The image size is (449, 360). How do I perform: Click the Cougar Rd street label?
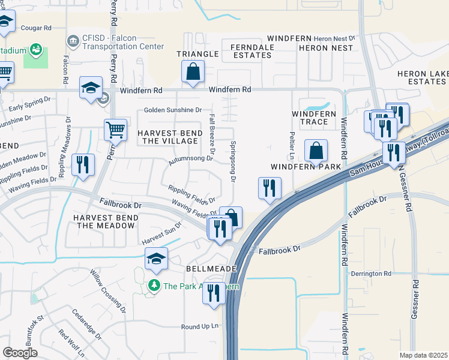[37, 28]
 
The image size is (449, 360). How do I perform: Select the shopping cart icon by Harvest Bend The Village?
[115, 129]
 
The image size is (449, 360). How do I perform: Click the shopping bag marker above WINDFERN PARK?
[316, 151]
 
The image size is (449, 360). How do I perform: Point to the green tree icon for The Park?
[155, 286]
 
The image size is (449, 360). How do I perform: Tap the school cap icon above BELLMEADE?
[156, 259]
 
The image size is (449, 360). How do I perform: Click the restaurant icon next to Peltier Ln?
[270, 188]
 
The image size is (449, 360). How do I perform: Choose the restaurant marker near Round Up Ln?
[214, 293]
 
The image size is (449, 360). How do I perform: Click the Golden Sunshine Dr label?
[173, 110]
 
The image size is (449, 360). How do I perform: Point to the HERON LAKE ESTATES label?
[423, 77]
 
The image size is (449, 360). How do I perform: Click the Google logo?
[20, 353]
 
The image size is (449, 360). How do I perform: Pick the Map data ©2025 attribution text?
[423, 355]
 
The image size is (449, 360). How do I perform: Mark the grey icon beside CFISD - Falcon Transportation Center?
[73, 41]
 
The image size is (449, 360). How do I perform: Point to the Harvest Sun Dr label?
[161, 235]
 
